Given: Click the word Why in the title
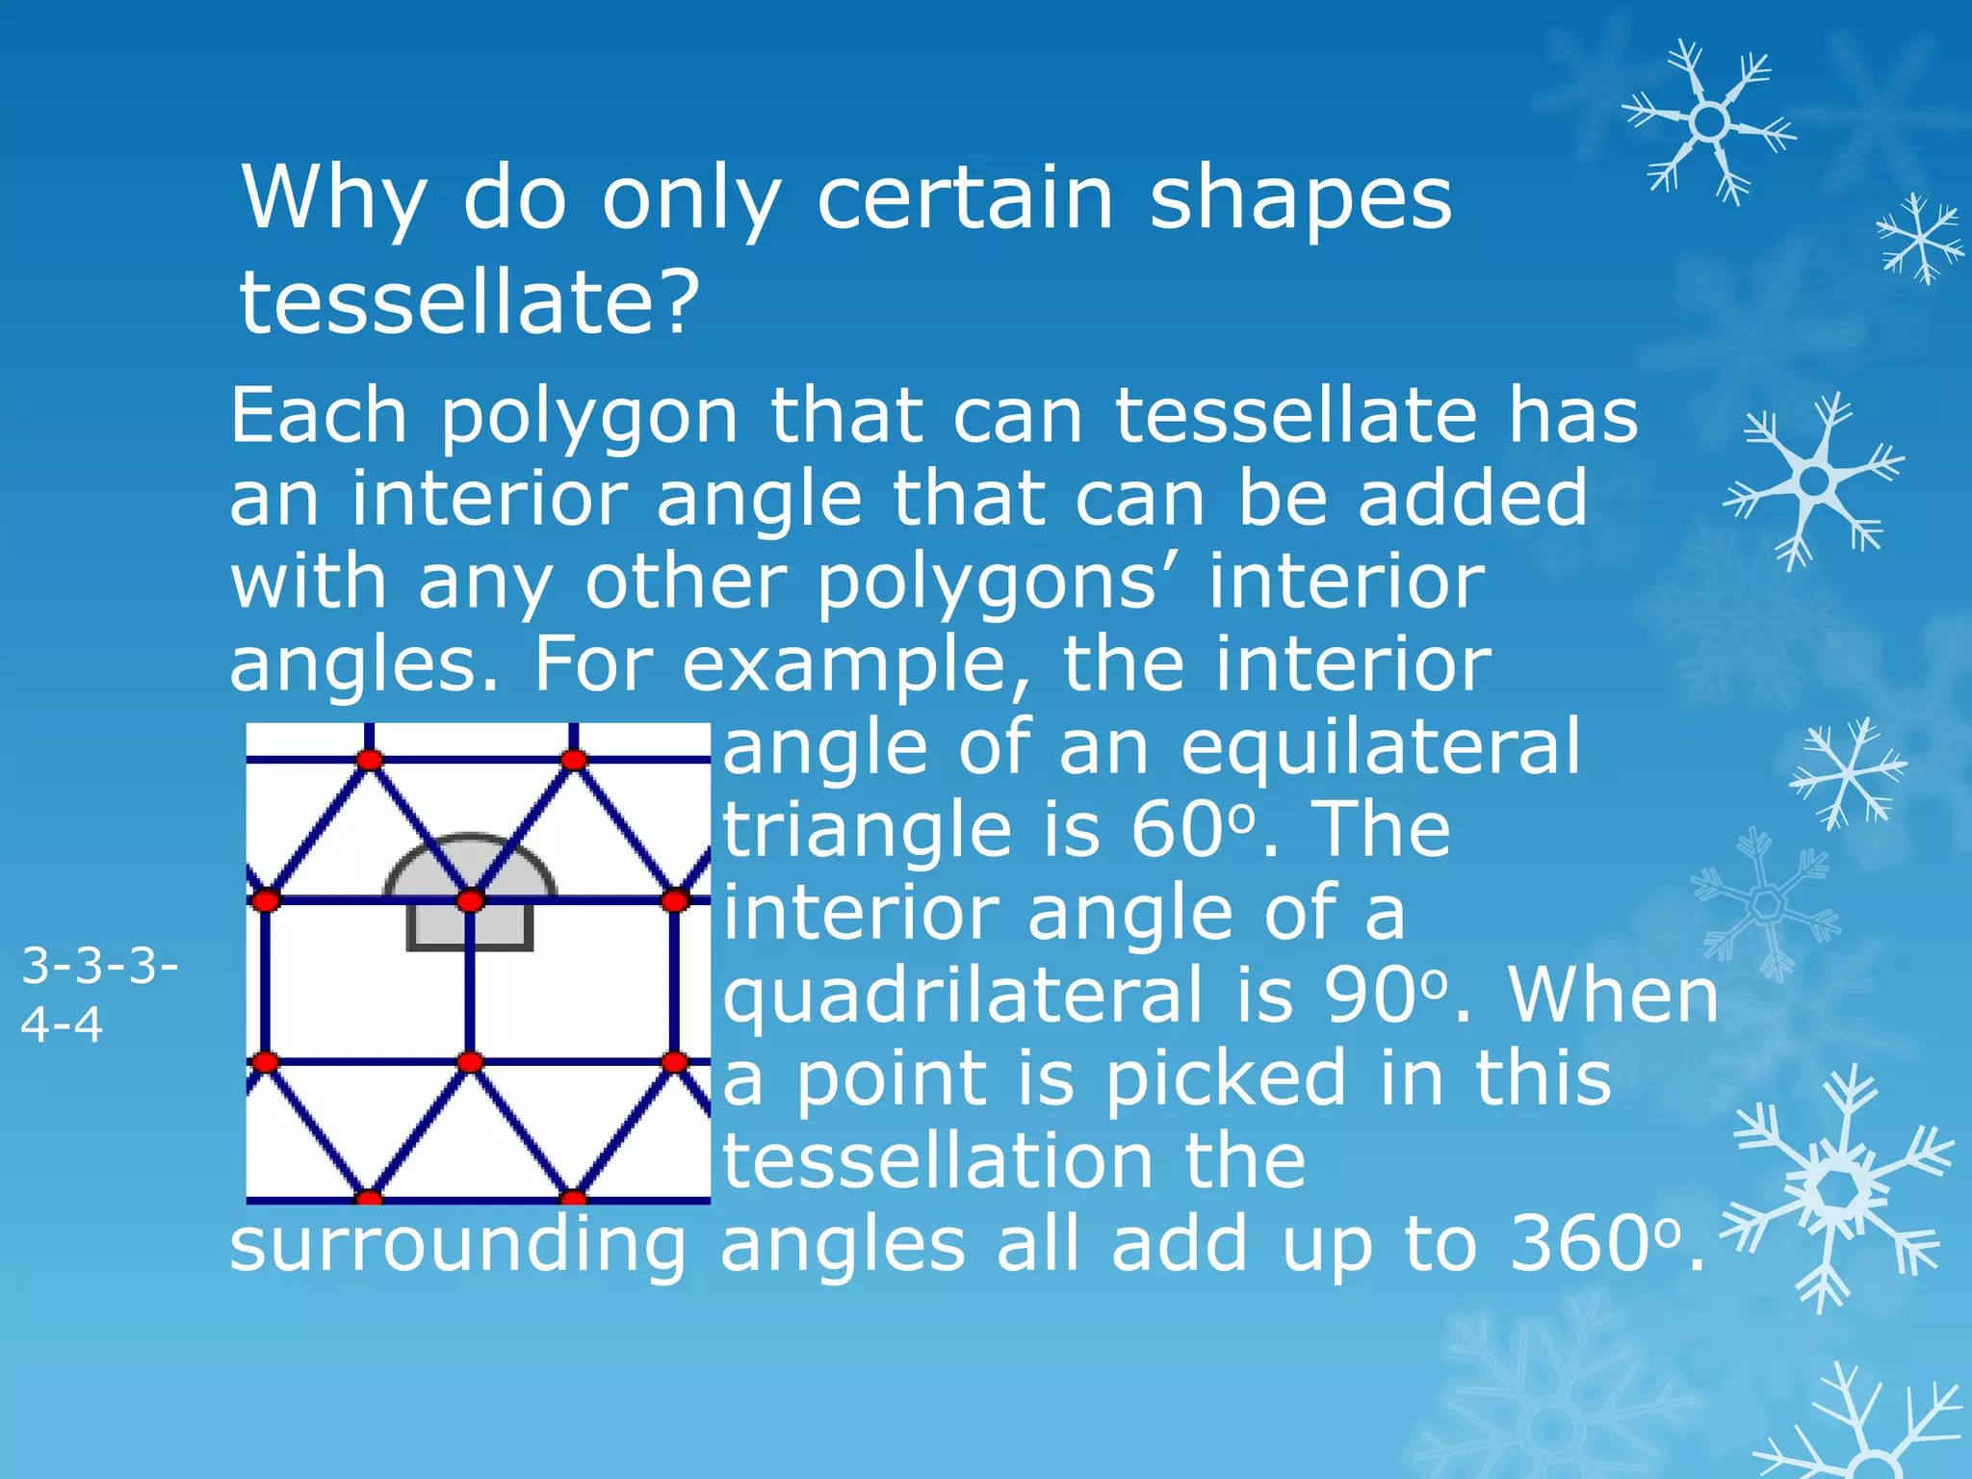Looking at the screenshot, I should pos(333,199).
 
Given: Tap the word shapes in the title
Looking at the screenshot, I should pos(1301,199).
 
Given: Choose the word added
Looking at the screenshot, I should pos(1472,498).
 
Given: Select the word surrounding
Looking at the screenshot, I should pos(457,1246).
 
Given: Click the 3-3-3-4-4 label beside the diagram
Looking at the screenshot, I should pos(98,994).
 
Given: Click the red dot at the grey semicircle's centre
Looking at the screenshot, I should pos(470,900).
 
